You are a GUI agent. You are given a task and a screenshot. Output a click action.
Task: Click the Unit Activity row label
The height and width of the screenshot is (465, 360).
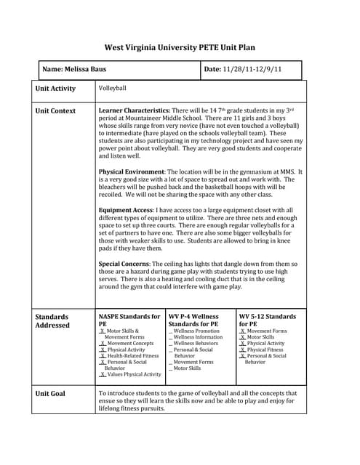55,89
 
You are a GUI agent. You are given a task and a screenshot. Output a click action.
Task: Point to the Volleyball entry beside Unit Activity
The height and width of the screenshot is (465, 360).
112,88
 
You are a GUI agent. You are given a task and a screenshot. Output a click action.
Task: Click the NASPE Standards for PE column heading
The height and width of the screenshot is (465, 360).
129,320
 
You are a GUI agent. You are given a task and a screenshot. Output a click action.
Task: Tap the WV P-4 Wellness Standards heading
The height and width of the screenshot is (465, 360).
193,320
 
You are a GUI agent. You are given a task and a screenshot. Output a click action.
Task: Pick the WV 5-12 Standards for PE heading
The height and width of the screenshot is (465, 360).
267,320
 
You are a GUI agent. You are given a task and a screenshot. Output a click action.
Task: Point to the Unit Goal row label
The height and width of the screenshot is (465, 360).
50,393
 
